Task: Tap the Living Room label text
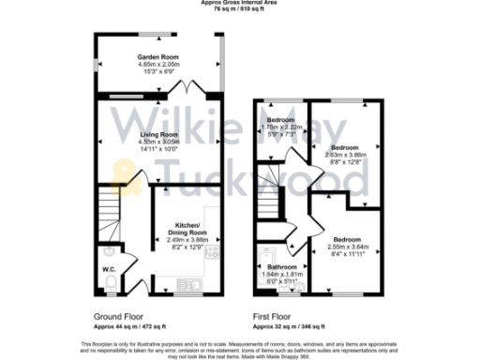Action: pyautogui.click(x=158, y=135)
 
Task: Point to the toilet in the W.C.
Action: pyautogui.click(x=110, y=283)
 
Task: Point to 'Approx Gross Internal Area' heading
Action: pyautogui.click(x=239, y=3)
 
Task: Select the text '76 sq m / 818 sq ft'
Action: pyautogui.click(x=239, y=10)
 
